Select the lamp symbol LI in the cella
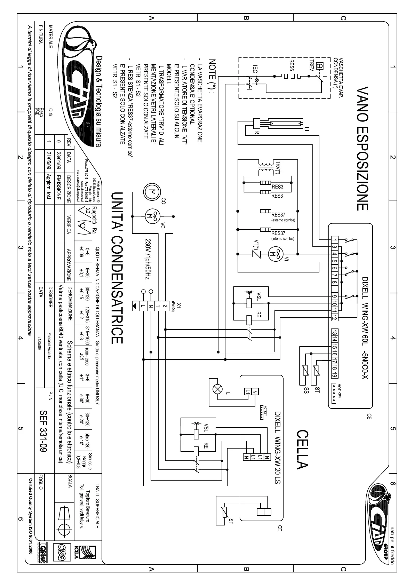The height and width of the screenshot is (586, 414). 218,389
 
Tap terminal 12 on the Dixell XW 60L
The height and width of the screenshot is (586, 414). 334,317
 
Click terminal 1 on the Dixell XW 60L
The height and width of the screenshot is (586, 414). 334,239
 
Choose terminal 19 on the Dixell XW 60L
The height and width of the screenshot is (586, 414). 334,375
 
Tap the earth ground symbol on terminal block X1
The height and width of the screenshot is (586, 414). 135,306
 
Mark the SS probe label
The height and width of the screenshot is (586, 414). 306,389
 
